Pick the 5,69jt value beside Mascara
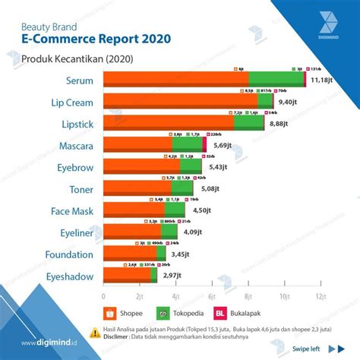pyautogui.click(x=223, y=145)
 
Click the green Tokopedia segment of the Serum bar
pyautogui.click(x=276, y=79)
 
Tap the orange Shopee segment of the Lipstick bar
pyautogui.click(x=167, y=123)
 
